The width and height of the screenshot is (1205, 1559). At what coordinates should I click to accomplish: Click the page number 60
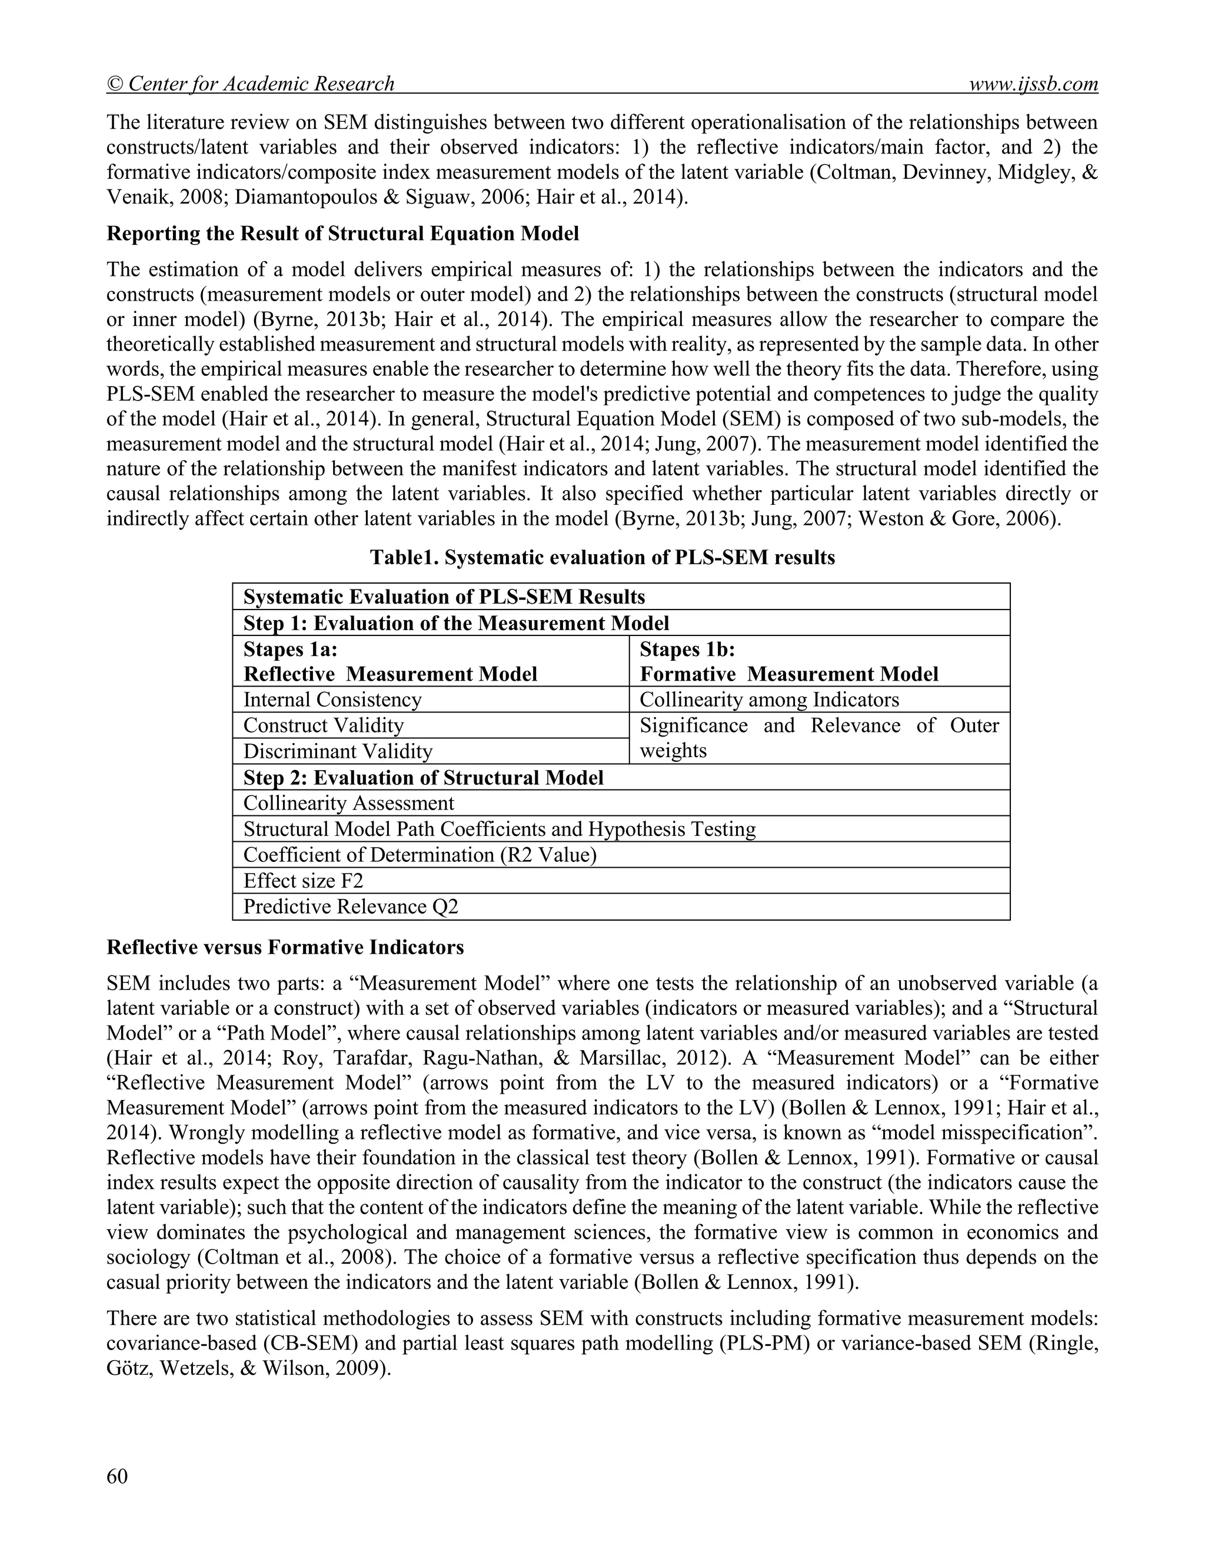(x=117, y=1475)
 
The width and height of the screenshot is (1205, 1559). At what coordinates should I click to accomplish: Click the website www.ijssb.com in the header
(x=1033, y=84)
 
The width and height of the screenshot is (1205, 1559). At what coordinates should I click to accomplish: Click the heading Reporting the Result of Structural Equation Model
(x=342, y=234)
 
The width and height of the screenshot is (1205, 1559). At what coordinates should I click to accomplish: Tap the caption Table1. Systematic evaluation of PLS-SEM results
(x=602, y=558)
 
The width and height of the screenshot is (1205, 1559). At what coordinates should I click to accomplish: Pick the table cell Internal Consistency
(x=332, y=699)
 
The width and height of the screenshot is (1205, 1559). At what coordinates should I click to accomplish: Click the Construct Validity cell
(x=324, y=725)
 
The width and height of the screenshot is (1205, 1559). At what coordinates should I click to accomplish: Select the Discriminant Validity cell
(x=338, y=751)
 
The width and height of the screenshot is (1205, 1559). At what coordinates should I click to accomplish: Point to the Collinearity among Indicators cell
(x=769, y=699)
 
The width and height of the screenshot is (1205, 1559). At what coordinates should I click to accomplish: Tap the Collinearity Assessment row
(x=348, y=803)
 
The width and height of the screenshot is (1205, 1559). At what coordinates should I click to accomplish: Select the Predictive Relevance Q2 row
(x=351, y=907)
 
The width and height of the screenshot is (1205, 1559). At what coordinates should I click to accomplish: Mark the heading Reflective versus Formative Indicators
(x=285, y=947)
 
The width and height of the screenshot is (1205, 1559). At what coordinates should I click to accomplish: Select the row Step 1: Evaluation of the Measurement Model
(x=456, y=623)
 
